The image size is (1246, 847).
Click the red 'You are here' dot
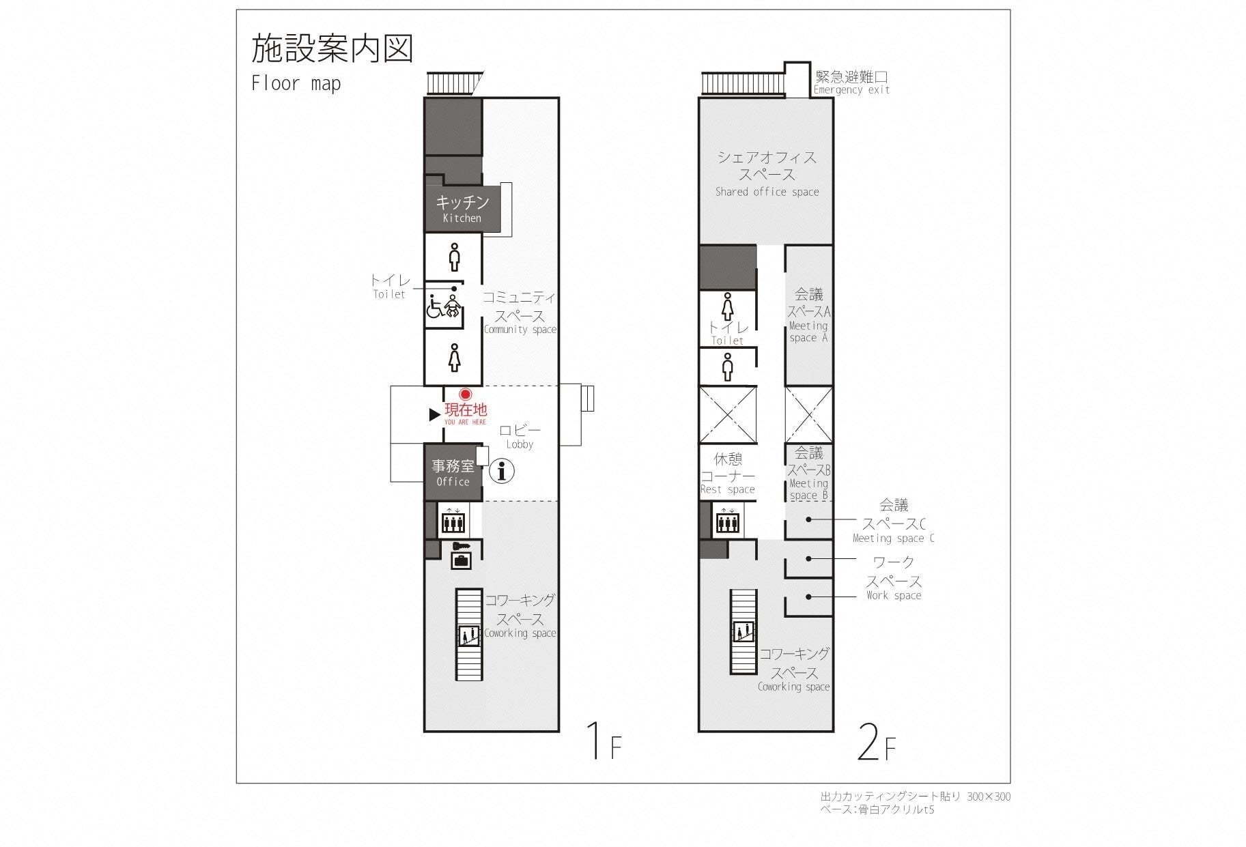[x=466, y=394]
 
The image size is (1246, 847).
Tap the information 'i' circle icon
[x=502, y=471]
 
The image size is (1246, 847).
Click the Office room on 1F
[x=453, y=472]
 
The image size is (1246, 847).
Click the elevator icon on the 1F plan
[x=453, y=520]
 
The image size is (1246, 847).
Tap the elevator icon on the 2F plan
[x=728, y=520]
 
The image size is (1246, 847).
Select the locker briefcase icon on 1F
[x=461, y=560]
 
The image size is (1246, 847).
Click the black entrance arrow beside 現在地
[x=434, y=414]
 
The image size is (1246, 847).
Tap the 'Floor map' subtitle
[x=296, y=84]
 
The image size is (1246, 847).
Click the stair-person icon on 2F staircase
[x=743, y=632]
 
